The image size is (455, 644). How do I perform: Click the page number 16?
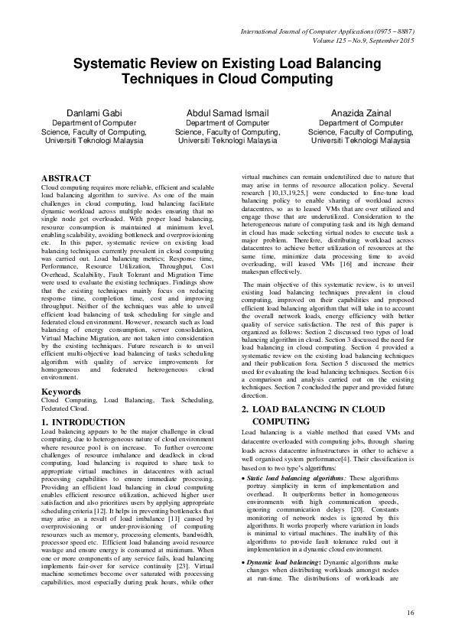(410, 612)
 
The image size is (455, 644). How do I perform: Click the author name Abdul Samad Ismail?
(226, 112)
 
